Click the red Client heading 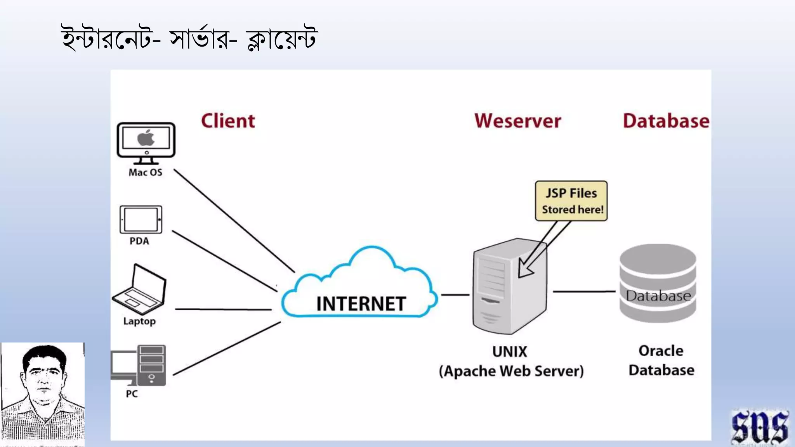tap(228, 121)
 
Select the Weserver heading tap(517, 121)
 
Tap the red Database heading tap(666, 121)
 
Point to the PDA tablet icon tap(141, 220)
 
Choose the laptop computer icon tap(139, 289)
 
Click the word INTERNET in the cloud tap(361, 304)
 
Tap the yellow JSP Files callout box tap(571, 201)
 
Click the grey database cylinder tap(658, 283)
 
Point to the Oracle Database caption tap(661, 360)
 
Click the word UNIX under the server tap(510, 352)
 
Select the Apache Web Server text tap(511, 371)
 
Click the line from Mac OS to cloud tap(234, 220)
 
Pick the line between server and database tap(584, 291)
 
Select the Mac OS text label tap(146, 172)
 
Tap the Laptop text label tap(139, 321)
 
